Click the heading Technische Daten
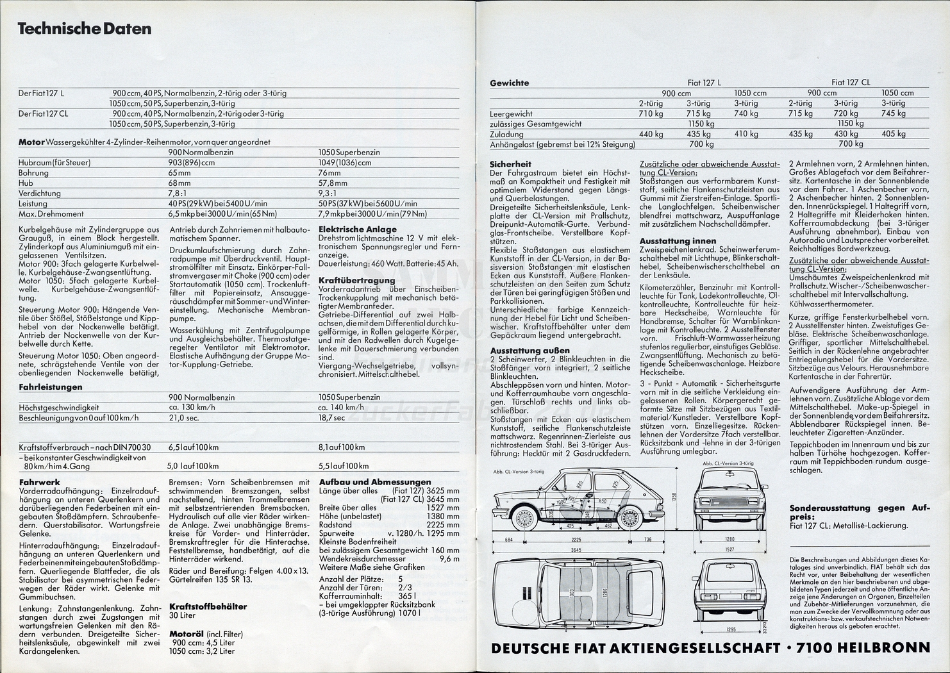pos(84,29)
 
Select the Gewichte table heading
pos(509,83)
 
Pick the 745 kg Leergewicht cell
pos(893,113)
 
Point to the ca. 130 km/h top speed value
pos(192,407)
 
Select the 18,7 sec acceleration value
pos(331,417)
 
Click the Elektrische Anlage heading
pos(357,229)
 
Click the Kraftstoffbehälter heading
pos(208,606)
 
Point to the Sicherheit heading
pos(510,164)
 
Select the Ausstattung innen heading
pos(669,240)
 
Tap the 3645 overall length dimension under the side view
pos(581,549)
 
